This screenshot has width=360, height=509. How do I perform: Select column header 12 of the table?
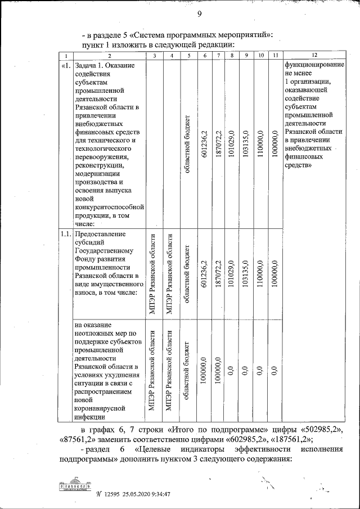pos(314,56)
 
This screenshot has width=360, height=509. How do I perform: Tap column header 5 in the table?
pos(189,56)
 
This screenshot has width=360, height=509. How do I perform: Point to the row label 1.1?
pos(65,234)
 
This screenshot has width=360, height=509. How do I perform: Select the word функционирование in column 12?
pos(314,66)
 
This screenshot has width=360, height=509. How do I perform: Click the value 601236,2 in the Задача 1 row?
pos(205,144)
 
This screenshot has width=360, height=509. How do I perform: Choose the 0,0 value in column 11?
pos(274,371)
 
